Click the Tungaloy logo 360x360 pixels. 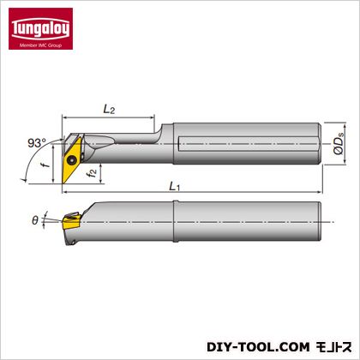point(40,28)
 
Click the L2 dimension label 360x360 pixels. point(109,109)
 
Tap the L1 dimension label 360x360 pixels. point(174,187)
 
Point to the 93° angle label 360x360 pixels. point(37,143)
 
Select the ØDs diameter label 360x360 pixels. point(339,144)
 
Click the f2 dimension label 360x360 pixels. point(93,173)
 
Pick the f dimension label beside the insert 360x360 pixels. point(45,165)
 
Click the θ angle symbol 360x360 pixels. point(35,220)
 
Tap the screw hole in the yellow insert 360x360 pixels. point(71,160)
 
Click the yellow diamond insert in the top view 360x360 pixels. point(71,160)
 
